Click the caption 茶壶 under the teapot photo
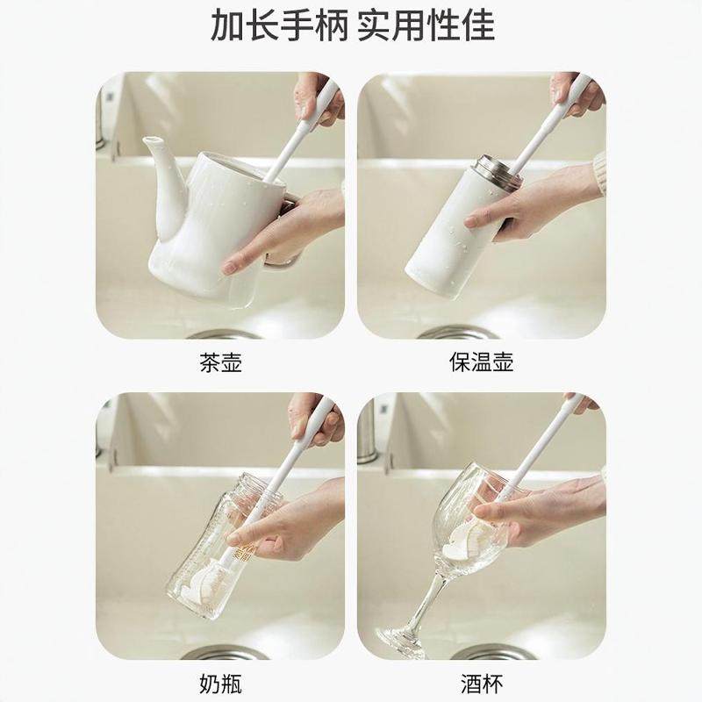pyautogui.click(x=220, y=362)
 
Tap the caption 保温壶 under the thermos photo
pyautogui.click(x=481, y=362)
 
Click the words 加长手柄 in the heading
pyautogui.click(x=279, y=26)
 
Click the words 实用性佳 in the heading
pyautogui.click(x=426, y=26)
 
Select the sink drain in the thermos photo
pyautogui.click(x=456, y=333)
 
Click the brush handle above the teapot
pyautogui.click(x=307, y=132)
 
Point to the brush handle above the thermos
pyautogui.click(x=544, y=132)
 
